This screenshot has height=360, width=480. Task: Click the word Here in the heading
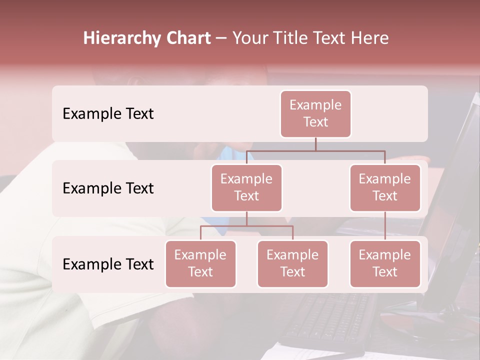pos(369,38)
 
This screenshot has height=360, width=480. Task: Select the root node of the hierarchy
pos(315,113)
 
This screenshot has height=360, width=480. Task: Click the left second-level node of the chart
pos(246,187)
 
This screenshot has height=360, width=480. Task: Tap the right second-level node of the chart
pos(385,187)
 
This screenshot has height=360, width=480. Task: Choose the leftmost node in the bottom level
pos(200,263)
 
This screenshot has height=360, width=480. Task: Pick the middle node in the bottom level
pos(292,263)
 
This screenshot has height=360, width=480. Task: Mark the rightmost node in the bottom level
pos(385,263)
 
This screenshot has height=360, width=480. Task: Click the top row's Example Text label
pos(108,113)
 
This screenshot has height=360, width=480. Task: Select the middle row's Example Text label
pos(108,188)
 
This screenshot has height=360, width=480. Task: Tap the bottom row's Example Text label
pos(108,264)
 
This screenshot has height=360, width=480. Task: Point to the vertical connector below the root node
pos(315,144)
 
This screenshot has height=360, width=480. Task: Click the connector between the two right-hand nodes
pos(385,226)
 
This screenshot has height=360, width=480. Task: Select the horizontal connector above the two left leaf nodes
pos(246,226)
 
